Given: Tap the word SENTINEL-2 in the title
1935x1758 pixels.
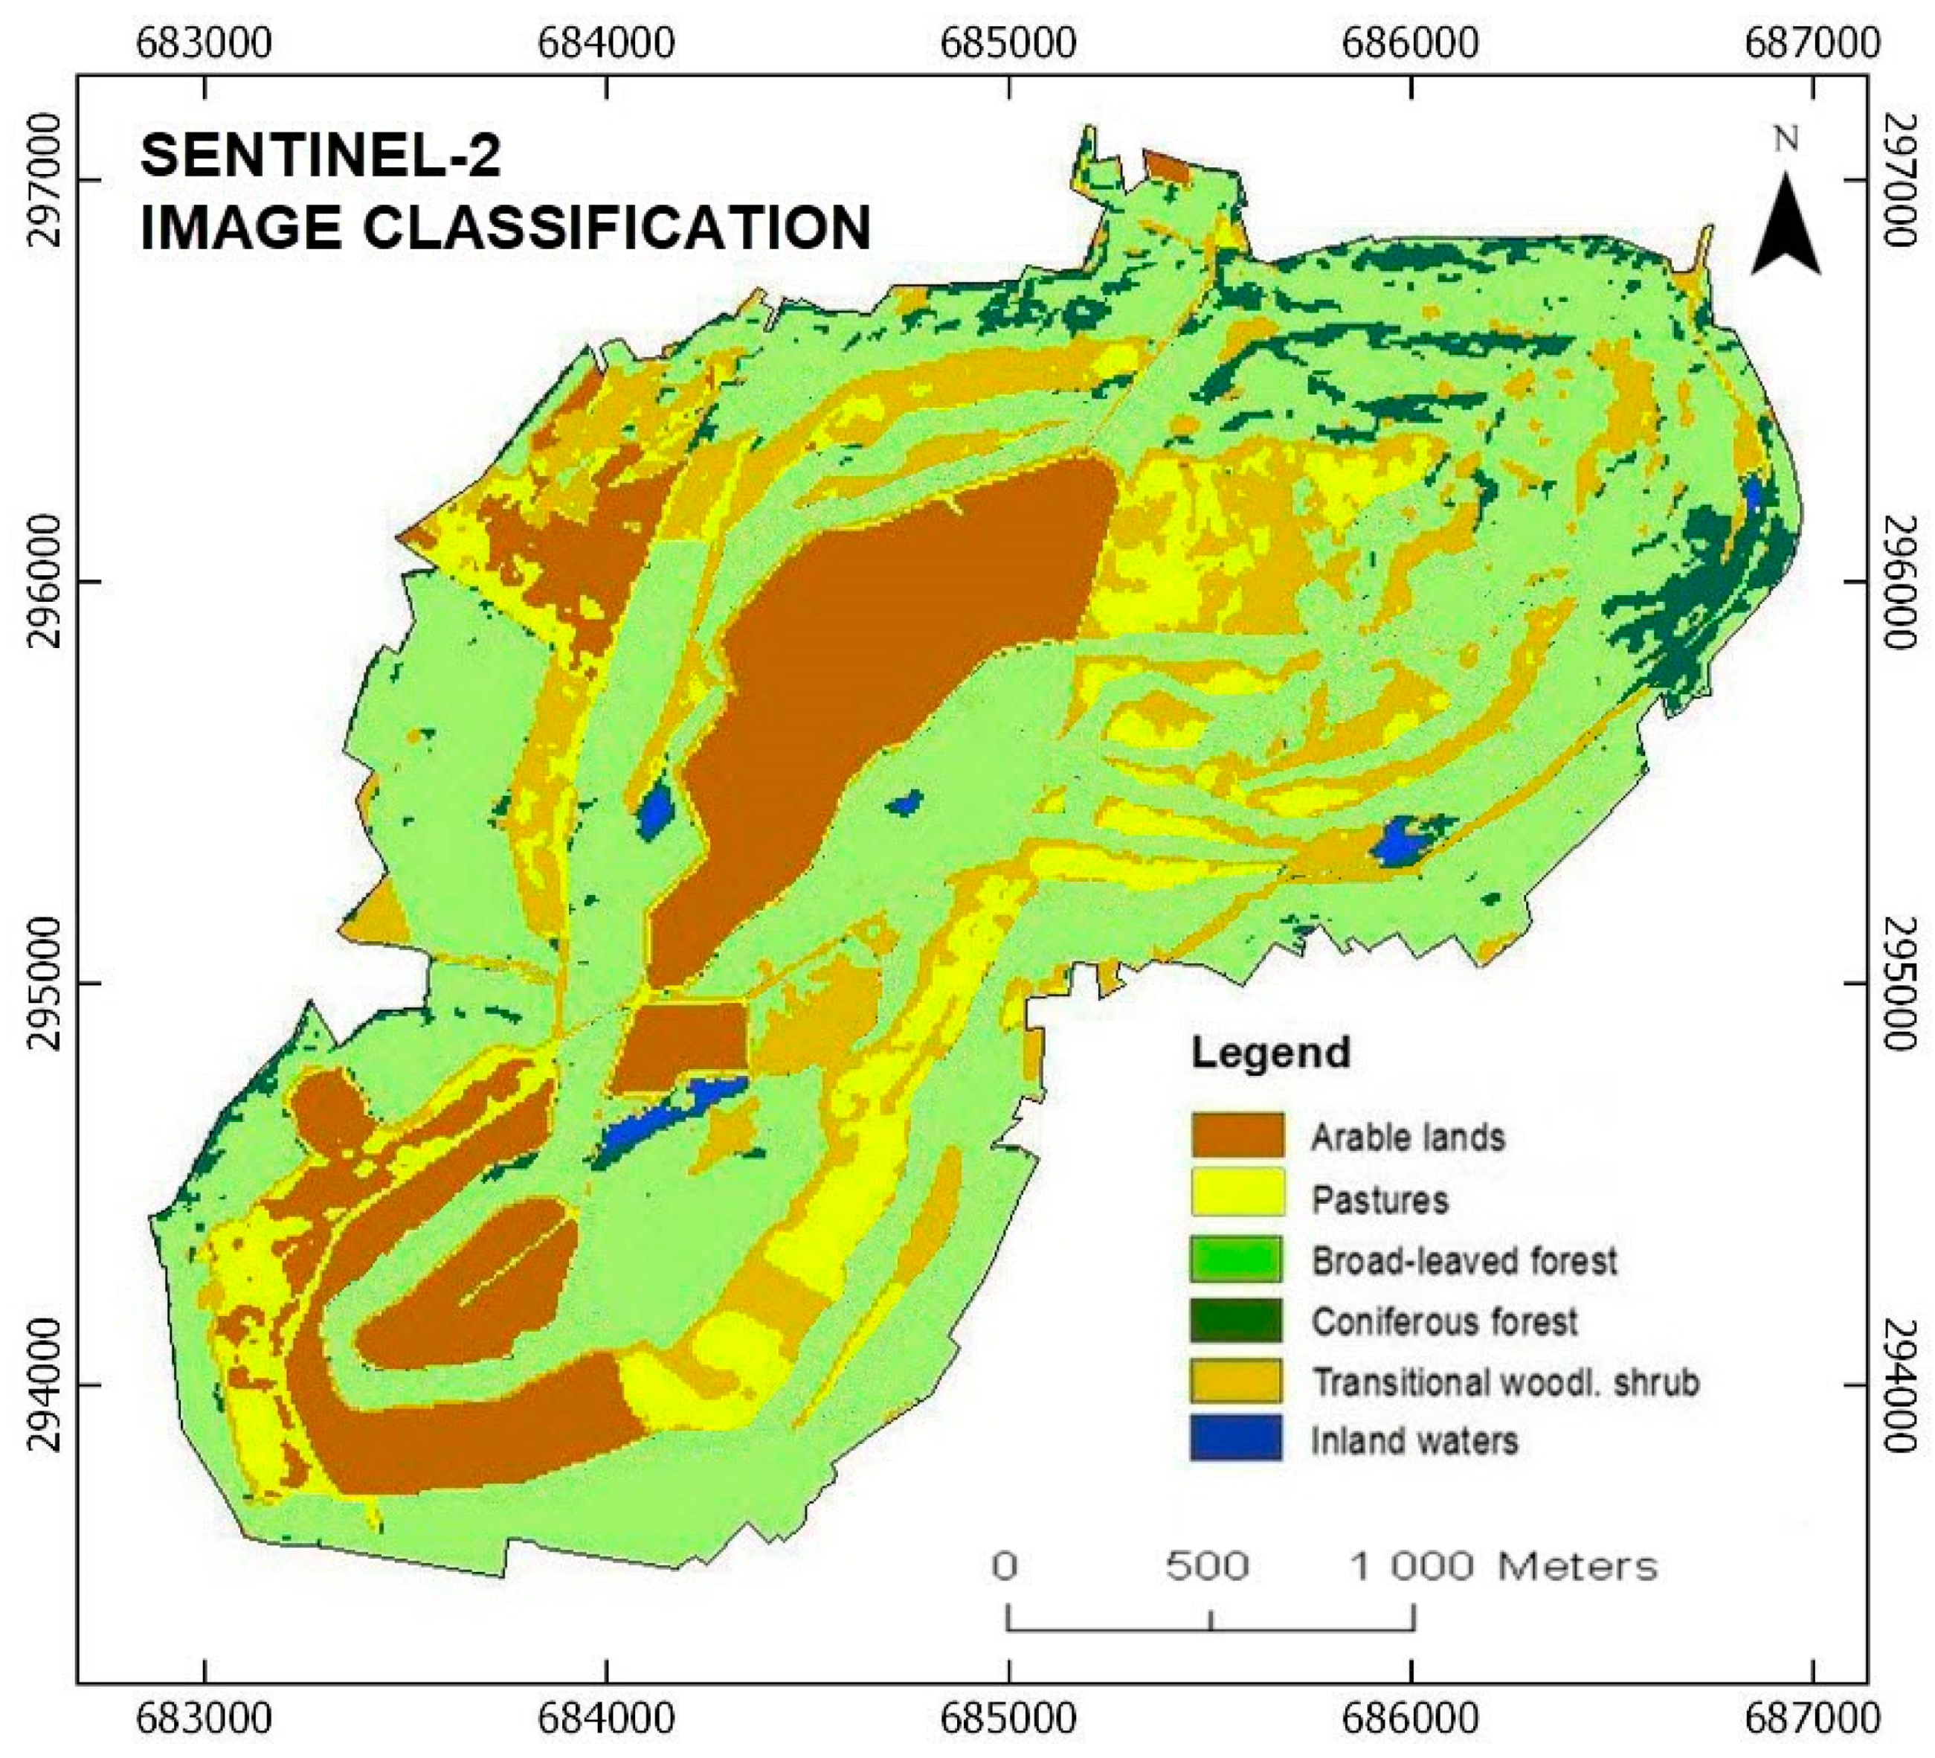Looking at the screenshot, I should click(x=321, y=155).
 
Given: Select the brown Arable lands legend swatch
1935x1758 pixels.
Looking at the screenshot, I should click(x=1237, y=1135).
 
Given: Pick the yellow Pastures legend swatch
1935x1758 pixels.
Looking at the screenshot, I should click(x=1237, y=1196).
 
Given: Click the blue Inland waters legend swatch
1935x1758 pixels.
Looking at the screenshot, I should click(x=1237, y=1440).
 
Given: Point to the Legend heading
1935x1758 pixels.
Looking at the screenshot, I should click(x=1271, y=1052).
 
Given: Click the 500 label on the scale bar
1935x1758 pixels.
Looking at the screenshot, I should click(x=1208, y=1567).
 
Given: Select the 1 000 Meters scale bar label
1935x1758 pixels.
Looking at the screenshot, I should click(x=1504, y=1567).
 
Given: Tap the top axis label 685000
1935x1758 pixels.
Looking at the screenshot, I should click(x=1008, y=43).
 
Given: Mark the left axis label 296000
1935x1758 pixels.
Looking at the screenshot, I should click(x=44, y=582).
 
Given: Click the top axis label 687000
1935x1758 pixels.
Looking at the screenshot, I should click(x=1812, y=43).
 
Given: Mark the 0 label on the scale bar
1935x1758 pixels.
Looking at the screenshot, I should click(x=1005, y=1567).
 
